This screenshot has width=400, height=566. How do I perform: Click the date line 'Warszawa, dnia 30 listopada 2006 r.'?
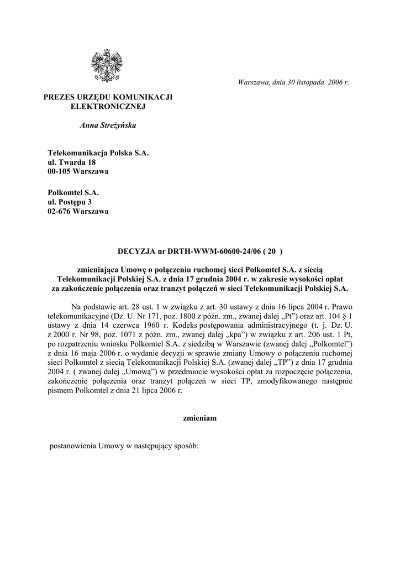[293, 82]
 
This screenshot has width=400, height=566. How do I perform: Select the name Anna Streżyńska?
[108, 125]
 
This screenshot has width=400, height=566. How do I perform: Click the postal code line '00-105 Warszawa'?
[78, 171]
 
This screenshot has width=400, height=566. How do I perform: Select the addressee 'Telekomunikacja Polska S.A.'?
[98, 152]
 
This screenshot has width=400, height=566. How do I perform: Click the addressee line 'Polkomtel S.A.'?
[73, 192]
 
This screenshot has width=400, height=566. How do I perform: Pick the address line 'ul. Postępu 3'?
[72, 202]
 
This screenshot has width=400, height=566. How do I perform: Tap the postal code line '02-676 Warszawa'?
[78, 212]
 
